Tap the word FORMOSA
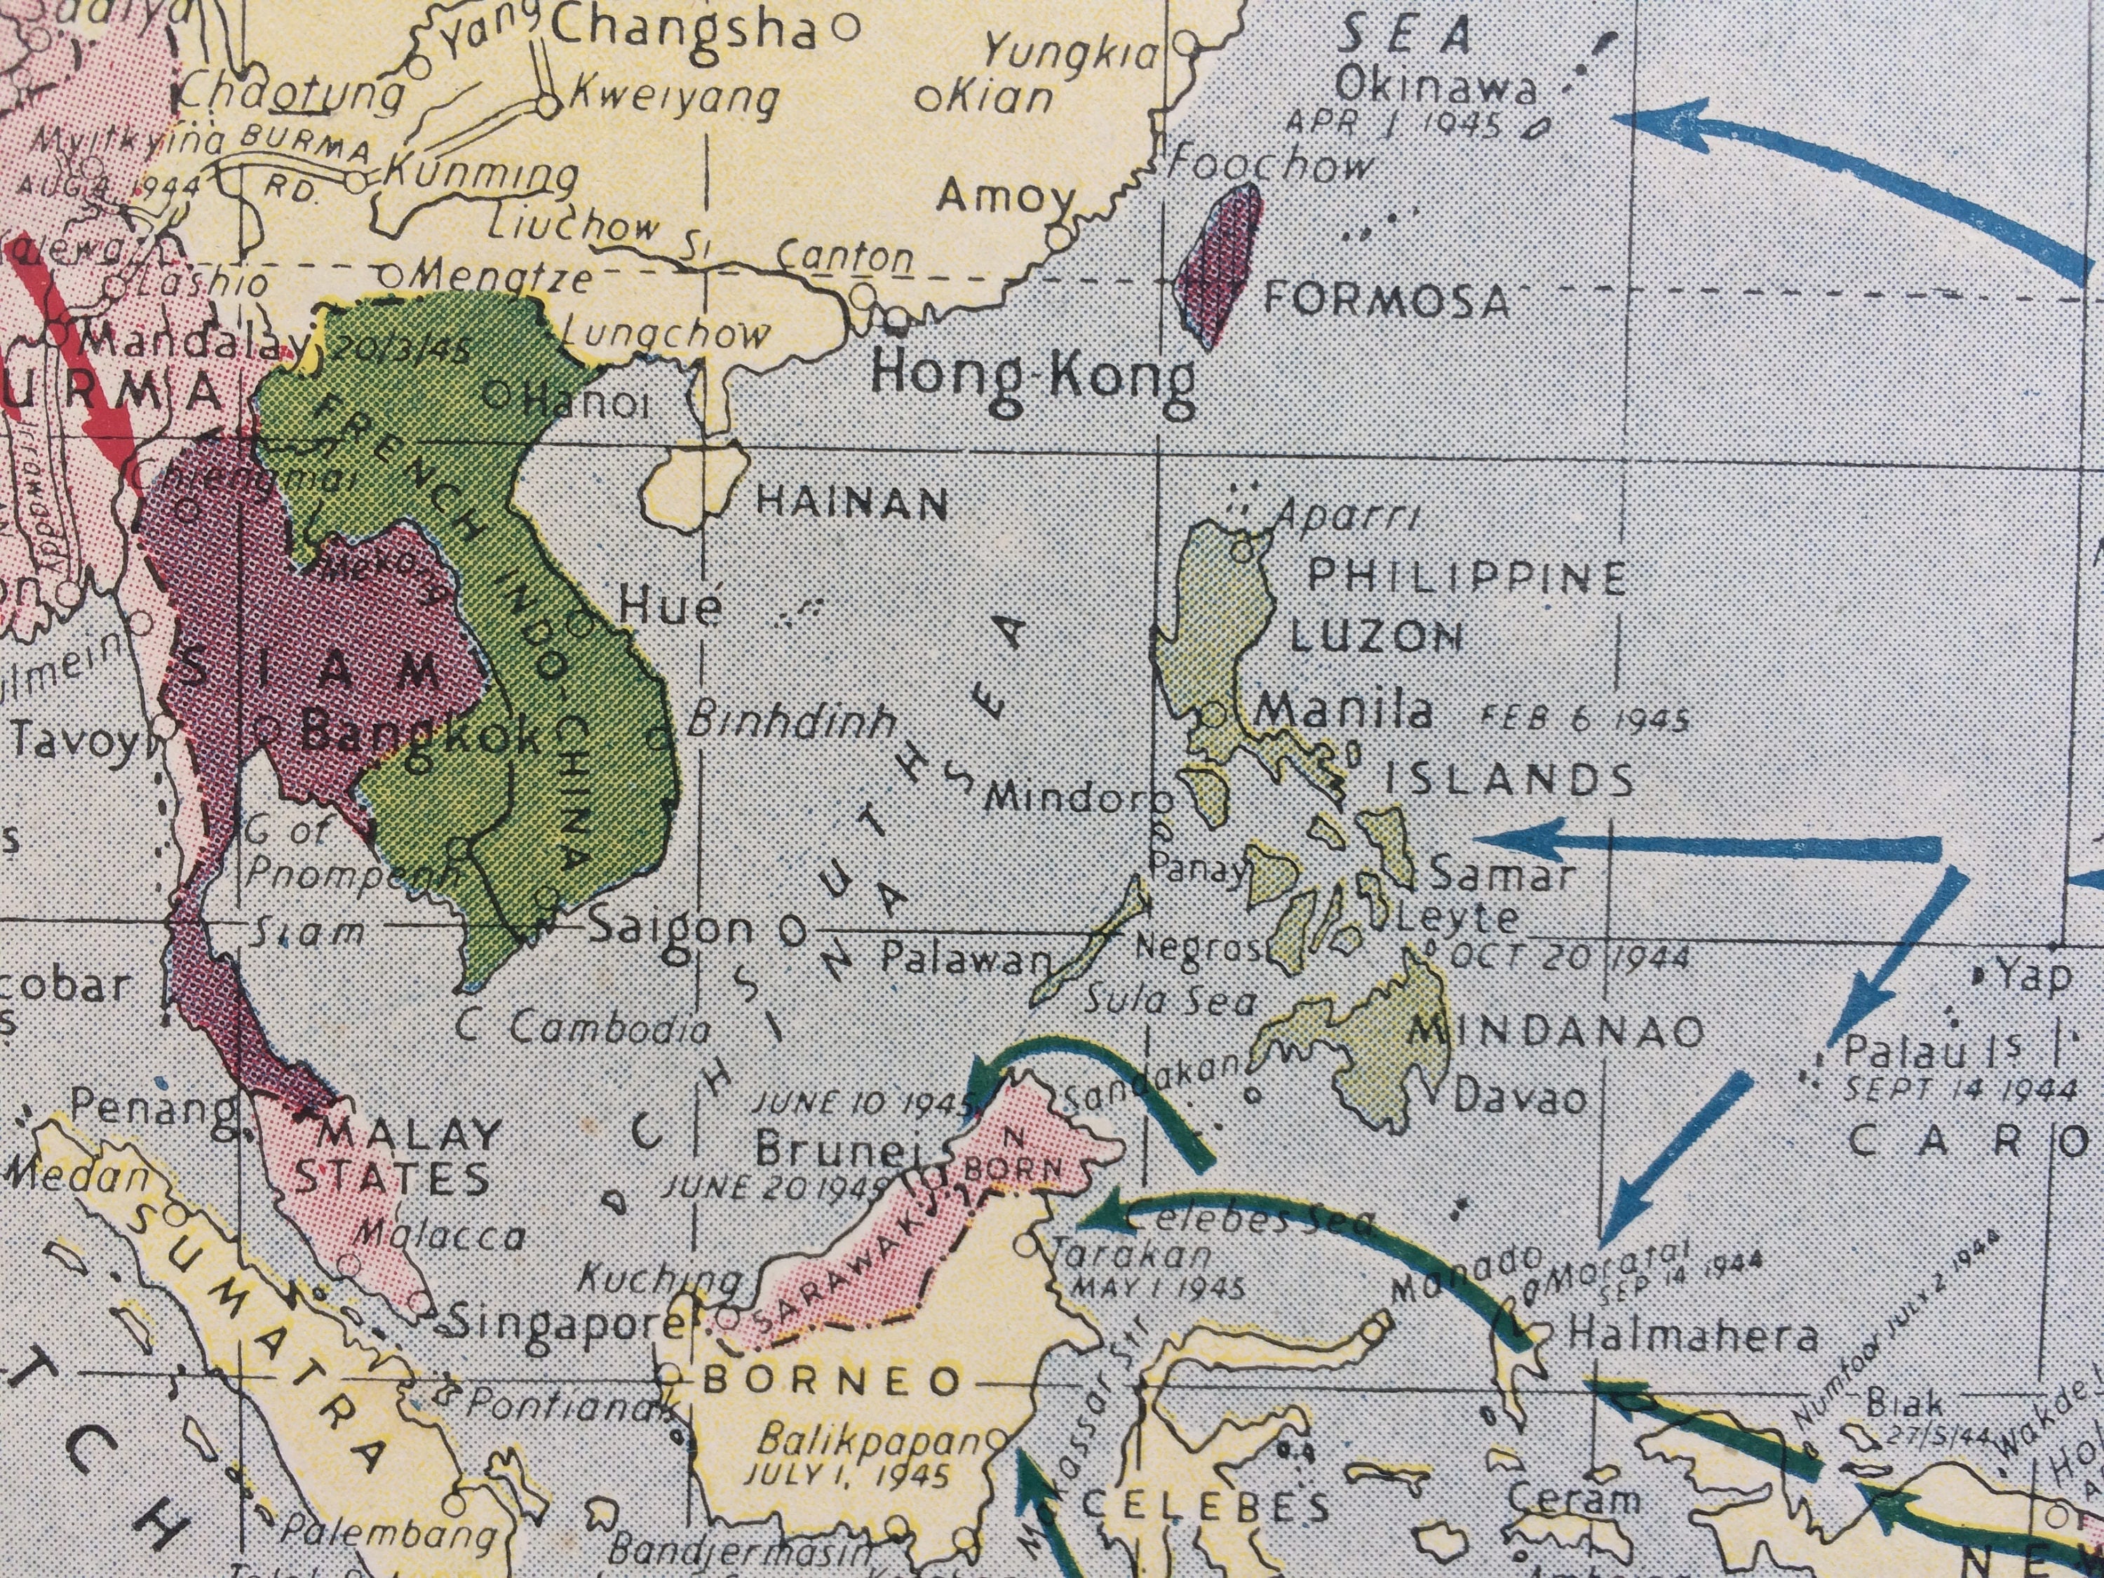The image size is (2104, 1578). (x=1385, y=301)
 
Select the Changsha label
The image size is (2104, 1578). (x=684, y=29)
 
